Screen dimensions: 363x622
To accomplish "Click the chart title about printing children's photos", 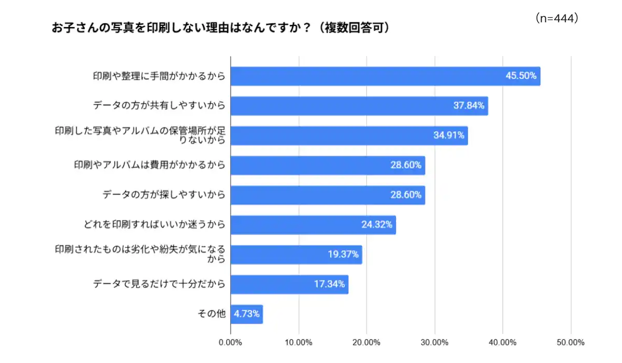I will [220, 28].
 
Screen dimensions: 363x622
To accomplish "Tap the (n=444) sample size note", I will [556, 19].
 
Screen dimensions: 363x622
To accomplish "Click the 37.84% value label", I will [469, 106].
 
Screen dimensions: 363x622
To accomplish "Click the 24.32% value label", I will [377, 225].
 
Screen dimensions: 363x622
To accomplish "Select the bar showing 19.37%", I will [296, 255].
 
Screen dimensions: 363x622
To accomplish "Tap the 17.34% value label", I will [329, 285].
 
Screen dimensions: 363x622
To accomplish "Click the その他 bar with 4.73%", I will [247, 314].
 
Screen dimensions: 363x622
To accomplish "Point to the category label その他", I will [212, 314].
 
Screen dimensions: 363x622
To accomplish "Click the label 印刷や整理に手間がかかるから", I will [159, 76].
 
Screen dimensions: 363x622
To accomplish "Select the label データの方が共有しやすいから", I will [159, 106].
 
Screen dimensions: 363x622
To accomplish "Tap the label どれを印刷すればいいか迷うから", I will [154, 225].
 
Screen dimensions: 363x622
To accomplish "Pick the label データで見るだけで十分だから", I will [159, 285].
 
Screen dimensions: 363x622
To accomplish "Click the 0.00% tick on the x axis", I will [231, 343].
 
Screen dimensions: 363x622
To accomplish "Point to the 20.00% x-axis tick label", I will [366, 343].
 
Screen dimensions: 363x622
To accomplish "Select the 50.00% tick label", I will [571, 343].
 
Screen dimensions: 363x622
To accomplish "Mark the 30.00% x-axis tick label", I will [434, 343].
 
